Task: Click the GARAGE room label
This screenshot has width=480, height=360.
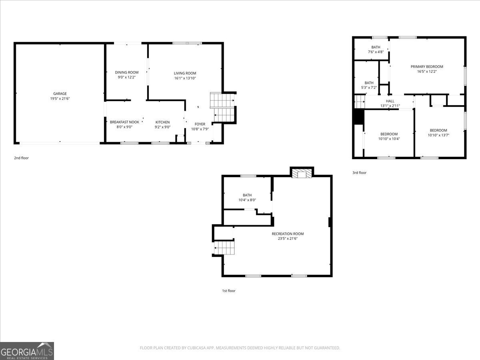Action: [60, 94]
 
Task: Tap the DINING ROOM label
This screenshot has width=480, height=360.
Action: [127, 72]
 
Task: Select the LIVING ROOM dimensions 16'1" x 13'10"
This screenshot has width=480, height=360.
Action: [185, 78]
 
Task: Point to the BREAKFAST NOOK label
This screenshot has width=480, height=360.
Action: [124, 122]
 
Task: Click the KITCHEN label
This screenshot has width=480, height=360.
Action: [162, 122]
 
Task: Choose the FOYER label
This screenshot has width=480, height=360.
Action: [200, 124]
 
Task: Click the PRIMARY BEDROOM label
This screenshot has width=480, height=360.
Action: [427, 67]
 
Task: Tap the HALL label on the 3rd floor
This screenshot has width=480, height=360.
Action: [390, 101]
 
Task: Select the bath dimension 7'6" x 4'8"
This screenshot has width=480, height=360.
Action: [376, 52]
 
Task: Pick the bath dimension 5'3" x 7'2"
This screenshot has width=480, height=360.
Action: [369, 88]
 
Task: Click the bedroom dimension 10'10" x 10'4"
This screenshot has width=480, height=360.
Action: [389, 139]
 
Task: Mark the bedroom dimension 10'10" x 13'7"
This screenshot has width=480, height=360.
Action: [438, 135]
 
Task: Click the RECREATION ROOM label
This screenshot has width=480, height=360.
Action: [288, 234]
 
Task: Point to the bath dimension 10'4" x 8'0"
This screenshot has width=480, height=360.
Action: [247, 200]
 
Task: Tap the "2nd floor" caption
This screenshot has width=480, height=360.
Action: [22, 158]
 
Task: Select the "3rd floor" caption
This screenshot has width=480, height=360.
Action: [359, 173]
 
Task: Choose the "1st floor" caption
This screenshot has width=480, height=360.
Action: [229, 291]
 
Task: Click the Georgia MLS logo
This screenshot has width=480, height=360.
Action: [27, 351]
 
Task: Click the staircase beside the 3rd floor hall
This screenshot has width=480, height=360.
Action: [360, 102]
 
